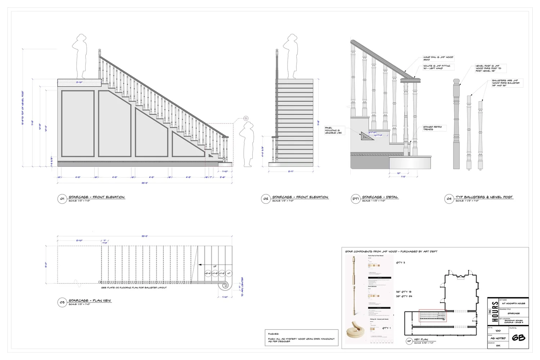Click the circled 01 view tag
[62, 199]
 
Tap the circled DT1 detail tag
[355, 199]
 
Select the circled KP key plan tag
[409, 341]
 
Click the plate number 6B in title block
[518, 338]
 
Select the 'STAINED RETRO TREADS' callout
[432, 128]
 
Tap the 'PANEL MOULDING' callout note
[333, 130]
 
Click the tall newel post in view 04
[456, 124]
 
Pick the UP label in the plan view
[215, 267]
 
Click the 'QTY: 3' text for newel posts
[400, 263]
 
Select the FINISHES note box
[301, 338]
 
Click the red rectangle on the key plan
[432, 316]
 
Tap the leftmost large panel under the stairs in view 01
[78, 123]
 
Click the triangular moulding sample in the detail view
[367, 136]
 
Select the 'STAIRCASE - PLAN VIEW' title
[90, 301]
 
